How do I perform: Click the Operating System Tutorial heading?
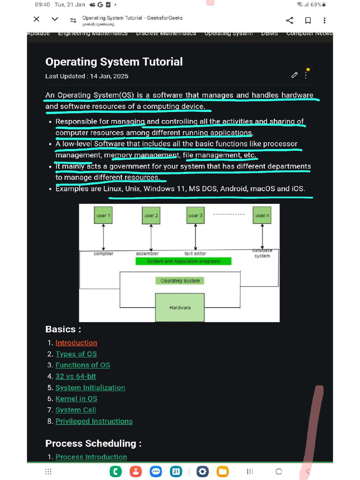point(114,62)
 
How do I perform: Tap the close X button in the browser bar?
point(37,19)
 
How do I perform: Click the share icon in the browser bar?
point(289,20)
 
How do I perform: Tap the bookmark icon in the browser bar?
point(308,20)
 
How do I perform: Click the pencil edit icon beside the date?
point(294,75)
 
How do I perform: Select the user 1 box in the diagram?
point(104,216)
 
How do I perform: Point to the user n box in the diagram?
point(262,216)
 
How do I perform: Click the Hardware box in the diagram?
point(180,307)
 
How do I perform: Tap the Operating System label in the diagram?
point(180,281)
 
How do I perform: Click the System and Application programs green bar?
point(183,261)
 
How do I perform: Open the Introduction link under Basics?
point(76,343)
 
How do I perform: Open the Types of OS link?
point(76,354)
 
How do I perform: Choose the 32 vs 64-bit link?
point(75,376)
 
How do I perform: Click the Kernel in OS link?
point(76,399)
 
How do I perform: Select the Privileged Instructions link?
point(94,421)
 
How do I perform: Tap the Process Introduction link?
point(91,457)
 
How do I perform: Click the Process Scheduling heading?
point(93,443)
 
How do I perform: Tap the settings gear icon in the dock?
point(202,471)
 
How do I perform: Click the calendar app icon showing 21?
point(176,471)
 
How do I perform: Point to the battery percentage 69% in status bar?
point(316,4)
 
